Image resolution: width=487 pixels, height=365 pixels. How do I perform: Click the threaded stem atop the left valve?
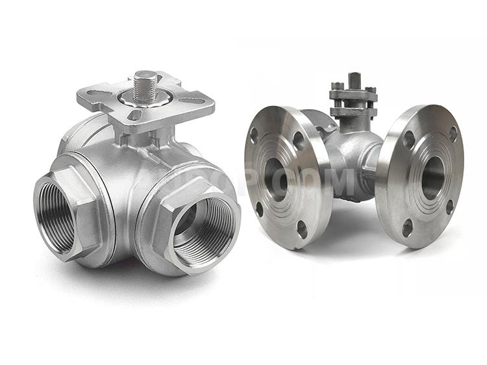tap(145, 84)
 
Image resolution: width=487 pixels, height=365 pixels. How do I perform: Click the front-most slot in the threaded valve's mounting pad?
tap(133, 115)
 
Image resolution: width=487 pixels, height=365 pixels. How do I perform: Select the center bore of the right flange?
tap(432, 177)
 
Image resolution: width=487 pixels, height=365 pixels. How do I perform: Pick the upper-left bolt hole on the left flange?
tap(254, 136)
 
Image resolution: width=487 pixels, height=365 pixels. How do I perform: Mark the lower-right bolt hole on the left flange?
tap(302, 227)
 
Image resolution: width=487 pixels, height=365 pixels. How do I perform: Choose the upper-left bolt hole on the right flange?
tap(408, 139)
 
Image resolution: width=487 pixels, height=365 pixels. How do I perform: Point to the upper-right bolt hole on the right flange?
tap(453, 134)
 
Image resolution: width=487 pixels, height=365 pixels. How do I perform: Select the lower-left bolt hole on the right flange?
tap(407, 227)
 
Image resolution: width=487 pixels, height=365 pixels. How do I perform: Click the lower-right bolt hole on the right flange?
tap(449, 207)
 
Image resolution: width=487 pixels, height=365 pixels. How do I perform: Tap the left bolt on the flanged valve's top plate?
tap(338, 87)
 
